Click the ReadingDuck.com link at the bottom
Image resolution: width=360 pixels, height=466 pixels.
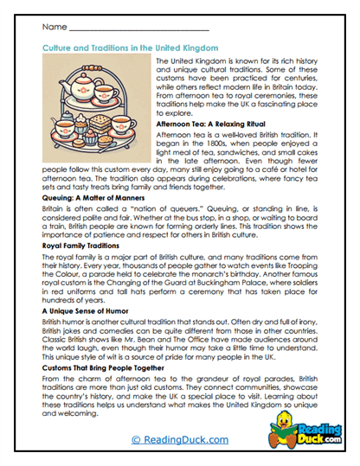tap(181, 440)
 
